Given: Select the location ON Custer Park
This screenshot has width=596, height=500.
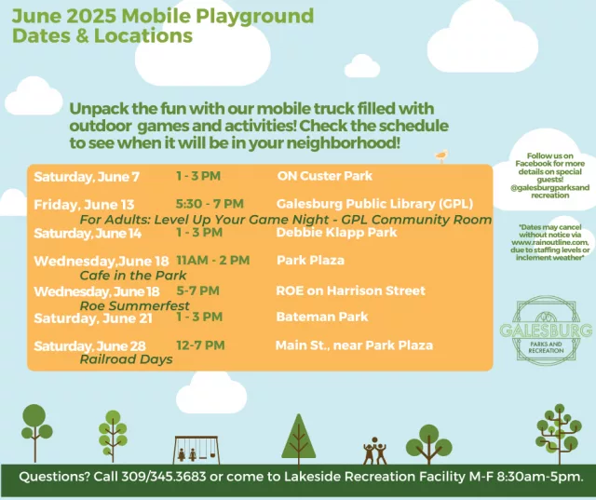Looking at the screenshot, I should click(x=324, y=176).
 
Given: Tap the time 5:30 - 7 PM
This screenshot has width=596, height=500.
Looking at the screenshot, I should click(x=210, y=204).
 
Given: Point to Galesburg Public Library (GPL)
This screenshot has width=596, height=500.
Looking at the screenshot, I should click(x=375, y=204).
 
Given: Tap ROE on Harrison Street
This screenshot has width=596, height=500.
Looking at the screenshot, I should click(x=350, y=291).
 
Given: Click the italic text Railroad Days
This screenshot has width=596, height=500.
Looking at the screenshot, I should click(x=126, y=359).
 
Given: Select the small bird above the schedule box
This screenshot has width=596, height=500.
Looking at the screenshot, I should click(x=441, y=156).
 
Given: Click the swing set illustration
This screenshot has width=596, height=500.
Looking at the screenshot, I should click(x=196, y=448).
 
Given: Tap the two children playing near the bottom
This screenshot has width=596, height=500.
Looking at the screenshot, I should click(x=374, y=450).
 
